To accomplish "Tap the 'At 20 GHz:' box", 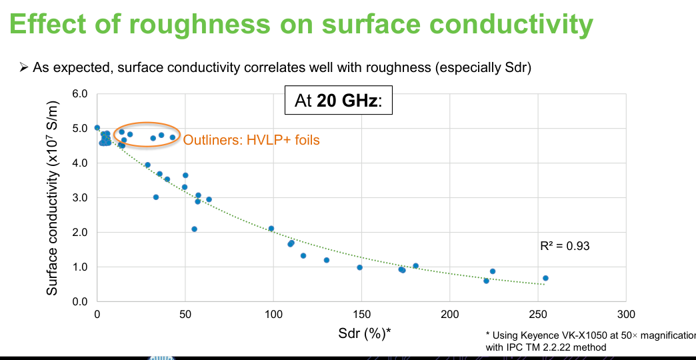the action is tap(338, 100).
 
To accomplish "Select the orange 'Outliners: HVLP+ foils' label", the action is tap(252, 140).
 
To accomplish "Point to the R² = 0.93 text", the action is tap(565, 246).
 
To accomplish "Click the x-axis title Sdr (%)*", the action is tap(365, 333).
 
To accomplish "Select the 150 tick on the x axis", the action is tap(361, 315).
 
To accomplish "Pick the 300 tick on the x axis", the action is tap(626, 315).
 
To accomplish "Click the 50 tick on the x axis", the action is tap(185, 315).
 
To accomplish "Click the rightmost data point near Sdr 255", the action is tap(545, 278).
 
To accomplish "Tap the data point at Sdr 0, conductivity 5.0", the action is tap(97, 127).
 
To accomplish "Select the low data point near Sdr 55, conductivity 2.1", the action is tap(194, 229).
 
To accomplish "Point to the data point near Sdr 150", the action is tap(359, 267).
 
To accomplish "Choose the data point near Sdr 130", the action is tap(327, 260).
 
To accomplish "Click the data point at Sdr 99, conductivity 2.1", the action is tap(271, 229).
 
